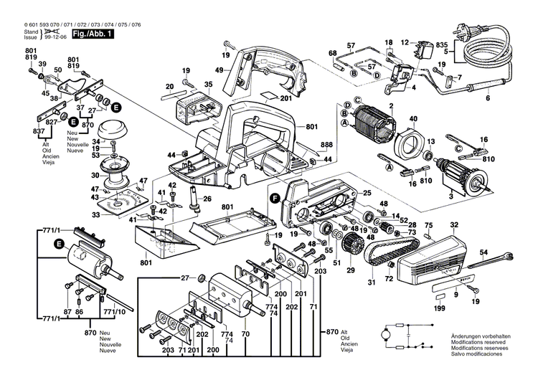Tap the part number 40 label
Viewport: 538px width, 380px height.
tap(413, 119)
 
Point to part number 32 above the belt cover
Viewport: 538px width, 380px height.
tap(454, 225)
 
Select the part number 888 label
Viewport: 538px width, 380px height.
tap(326, 145)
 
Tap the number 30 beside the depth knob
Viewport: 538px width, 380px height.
tap(95, 175)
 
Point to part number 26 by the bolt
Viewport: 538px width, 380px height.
tap(207, 199)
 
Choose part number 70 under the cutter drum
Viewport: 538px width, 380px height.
tap(245, 334)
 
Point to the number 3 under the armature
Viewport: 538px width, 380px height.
tap(450, 195)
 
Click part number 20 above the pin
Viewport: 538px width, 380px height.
tap(170, 86)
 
